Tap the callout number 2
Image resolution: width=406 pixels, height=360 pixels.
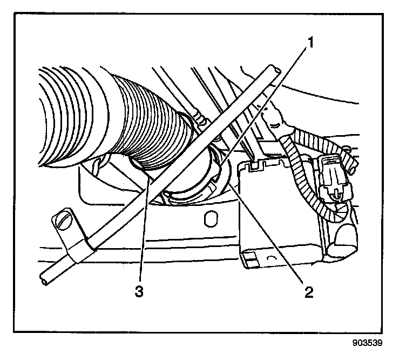pos(308,292)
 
